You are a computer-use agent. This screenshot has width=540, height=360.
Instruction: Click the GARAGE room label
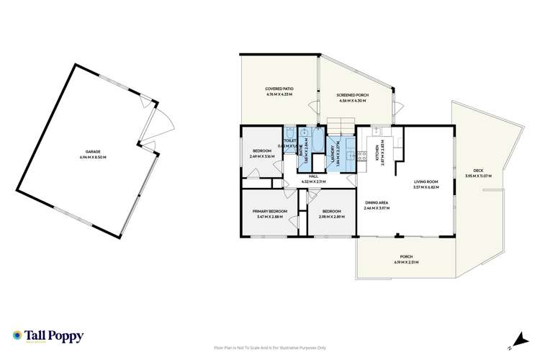coord(92,152)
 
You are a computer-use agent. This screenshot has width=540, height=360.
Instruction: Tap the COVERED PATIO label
coord(279,90)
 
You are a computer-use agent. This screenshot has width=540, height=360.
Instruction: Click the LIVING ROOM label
coord(426,182)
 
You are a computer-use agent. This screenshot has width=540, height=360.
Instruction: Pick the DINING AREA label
coord(377,203)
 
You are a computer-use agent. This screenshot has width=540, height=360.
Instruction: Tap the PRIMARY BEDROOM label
coord(270,211)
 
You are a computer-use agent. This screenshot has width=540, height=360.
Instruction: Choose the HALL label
coord(313,176)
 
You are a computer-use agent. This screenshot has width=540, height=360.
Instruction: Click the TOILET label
coord(291,141)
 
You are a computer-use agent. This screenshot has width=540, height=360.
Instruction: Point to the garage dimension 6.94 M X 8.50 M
coord(92,157)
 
